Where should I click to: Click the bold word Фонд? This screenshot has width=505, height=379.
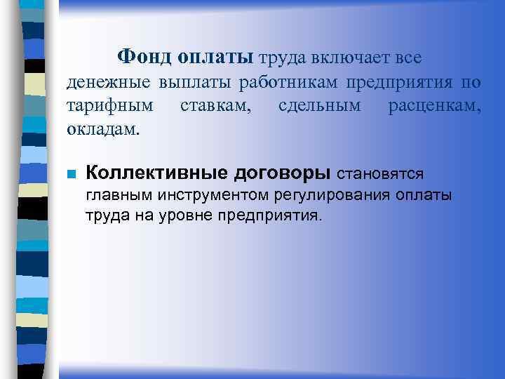click(x=144, y=55)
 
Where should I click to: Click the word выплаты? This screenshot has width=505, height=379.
click(x=194, y=82)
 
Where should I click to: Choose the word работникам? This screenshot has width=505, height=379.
click(x=288, y=82)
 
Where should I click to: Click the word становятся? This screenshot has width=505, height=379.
click(x=381, y=173)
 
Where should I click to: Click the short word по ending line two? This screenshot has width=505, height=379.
click(x=471, y=82)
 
